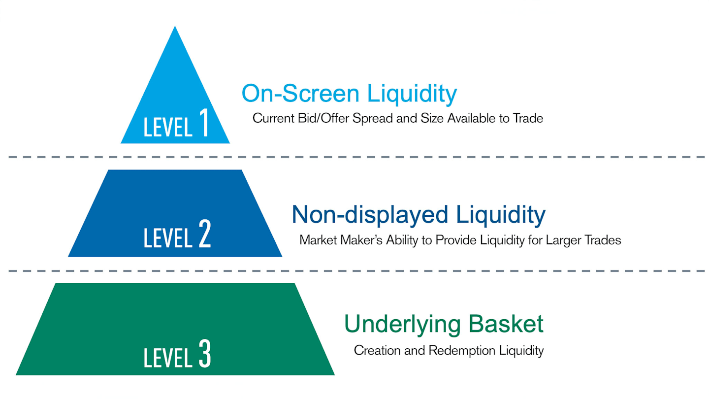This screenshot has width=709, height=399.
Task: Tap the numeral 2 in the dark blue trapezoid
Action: pos(205,233)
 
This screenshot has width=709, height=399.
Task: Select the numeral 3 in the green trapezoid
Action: pos(205,353)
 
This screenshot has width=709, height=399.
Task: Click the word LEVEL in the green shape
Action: pos(168,358)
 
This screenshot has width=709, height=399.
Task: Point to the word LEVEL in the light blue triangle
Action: pos(168,127)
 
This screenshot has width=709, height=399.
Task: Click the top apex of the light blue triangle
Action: pos(175,26)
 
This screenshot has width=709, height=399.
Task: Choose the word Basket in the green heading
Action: pos(506,324)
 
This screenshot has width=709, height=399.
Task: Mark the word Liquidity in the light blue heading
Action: pos(412,94)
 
